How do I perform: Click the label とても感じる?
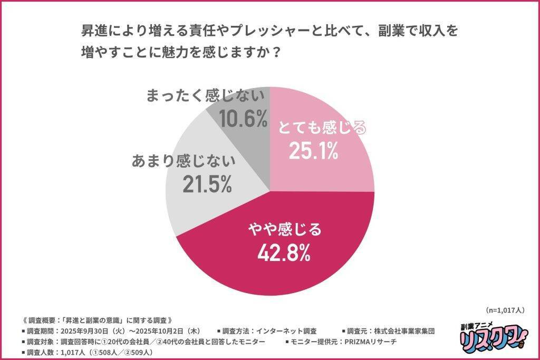pyautogui.click(x=322, y=128)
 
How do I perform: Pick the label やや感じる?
pyautogui.click(x=284, y=229)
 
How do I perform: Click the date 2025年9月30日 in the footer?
pyautogui.click(x=85, y=331)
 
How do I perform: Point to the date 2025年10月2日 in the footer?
pyautogui.click(x=156, y=331)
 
